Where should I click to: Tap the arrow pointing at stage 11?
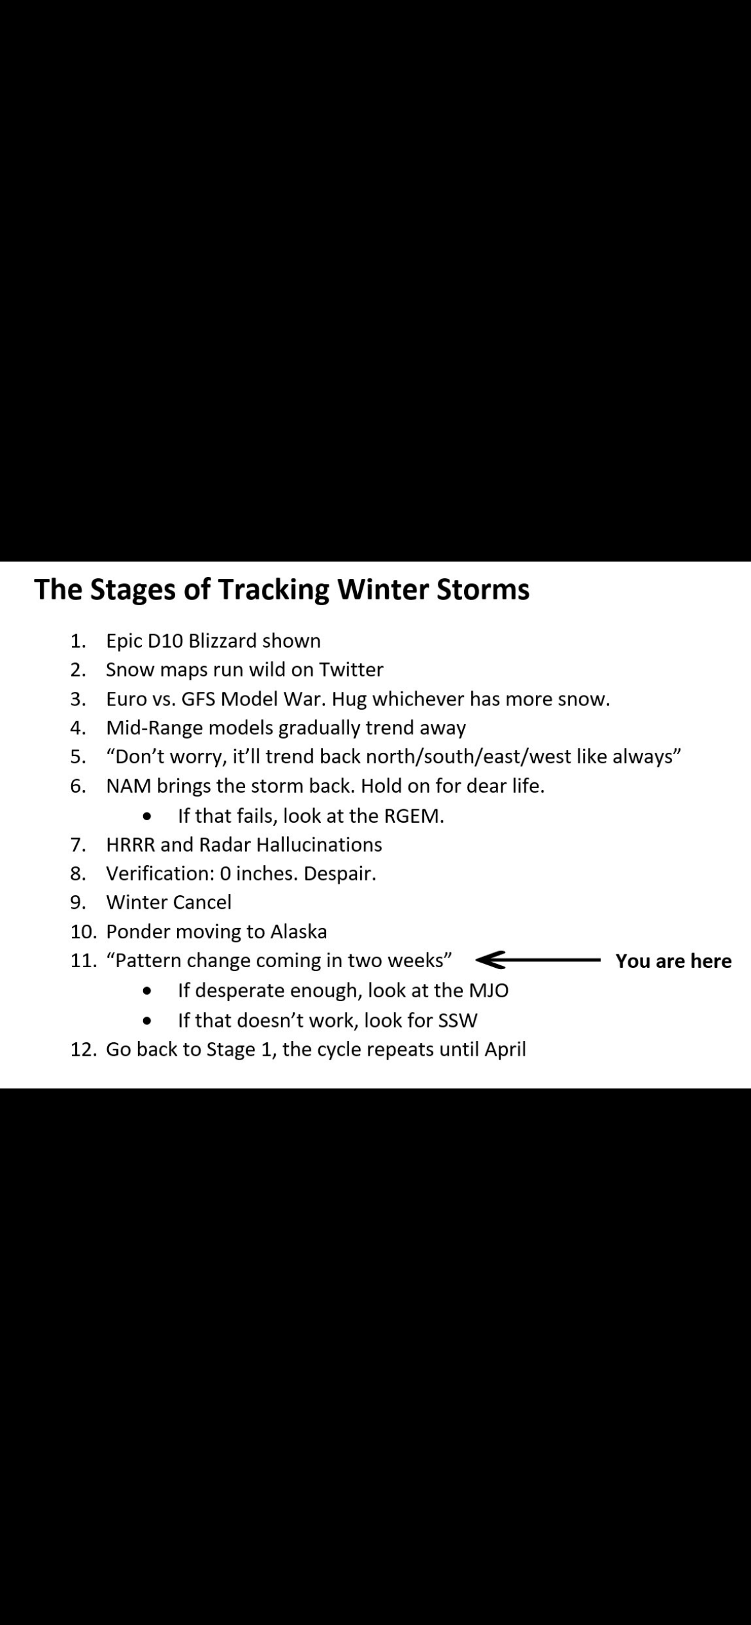coord(538,960)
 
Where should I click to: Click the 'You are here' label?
coord(673,961)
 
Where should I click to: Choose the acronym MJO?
coord(488,990)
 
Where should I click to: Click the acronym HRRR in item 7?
coord(130,845)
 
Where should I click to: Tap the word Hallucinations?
coord(319,845)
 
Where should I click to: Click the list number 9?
coord(77,902)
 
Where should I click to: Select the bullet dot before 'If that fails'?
coord(148,817)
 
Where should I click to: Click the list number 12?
coord(83,1049)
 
